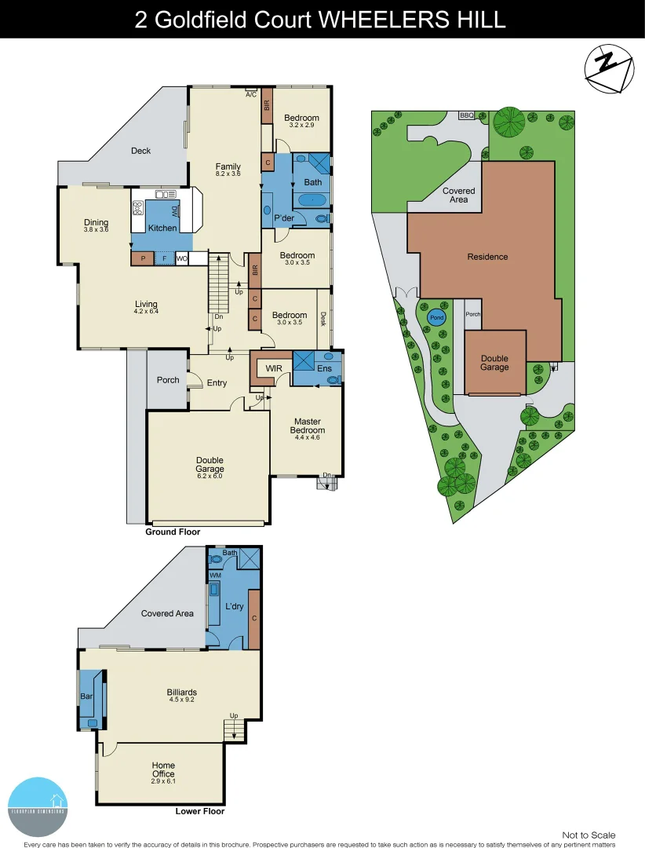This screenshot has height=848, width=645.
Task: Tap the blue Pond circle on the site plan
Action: click(435, 317)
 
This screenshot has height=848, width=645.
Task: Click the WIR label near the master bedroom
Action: click(274, 367)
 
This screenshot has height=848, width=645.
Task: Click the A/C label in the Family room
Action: click(251, 95)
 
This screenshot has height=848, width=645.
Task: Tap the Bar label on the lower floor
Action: click(86, 696)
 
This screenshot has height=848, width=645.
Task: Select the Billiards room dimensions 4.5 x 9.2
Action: click(181, 701)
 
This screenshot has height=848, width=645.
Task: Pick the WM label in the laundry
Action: click(215, 576)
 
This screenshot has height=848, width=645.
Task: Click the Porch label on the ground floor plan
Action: click(168, 380)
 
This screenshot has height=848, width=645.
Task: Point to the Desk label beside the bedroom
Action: click(323, 318)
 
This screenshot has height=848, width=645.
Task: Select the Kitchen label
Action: click(162, 228)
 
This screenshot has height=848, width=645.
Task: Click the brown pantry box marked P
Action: click(143, 258)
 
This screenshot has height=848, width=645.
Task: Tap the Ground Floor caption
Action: click(173, 532)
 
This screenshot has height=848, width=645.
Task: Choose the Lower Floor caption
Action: click(199, 811)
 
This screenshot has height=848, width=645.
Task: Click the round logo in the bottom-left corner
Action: click(38, 806)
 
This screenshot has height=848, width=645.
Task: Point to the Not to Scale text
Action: click(589, 835)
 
